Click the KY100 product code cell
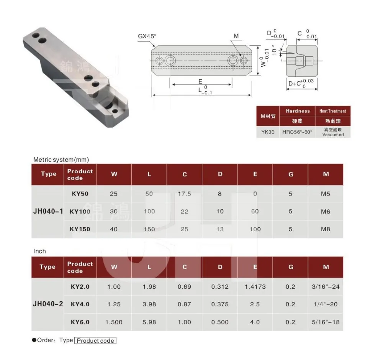click(x=80, y=211)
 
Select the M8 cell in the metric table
click(x=326, y=229)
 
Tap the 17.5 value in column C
click(x=184, y=194)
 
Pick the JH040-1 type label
click(x=47, y=211)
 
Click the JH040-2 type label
click(x=47, y=304)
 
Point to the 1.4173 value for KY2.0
click(x=255, y=286)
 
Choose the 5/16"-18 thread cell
click(x=326, y=322)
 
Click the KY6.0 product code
click(x=80, y=322)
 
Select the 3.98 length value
click(x=149, y=304)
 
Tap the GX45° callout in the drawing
click(x=147, y=36)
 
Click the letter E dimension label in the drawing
click(x=200, y=81)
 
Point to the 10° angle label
click(x=273, y=51)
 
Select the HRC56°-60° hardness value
click(x=297, y=132)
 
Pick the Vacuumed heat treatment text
click(x=332, y=135)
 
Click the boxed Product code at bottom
click(x=95, y=340)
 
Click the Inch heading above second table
click(x=39, y=251)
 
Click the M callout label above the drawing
click(x=236, y=36)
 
